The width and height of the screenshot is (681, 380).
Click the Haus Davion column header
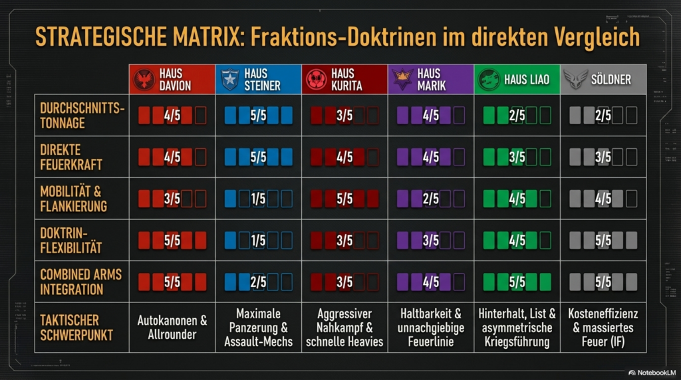click(172, 80)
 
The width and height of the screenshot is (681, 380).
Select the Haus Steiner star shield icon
click(230, 80)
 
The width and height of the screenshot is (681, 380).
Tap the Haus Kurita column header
click(344, 80)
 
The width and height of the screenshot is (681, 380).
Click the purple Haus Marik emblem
click(402, 80)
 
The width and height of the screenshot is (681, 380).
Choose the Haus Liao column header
click(517, 80)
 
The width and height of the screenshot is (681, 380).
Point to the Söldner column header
click(603, 80)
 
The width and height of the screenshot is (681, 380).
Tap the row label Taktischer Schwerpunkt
click(74, 328)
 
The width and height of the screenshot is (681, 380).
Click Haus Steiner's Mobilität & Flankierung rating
click(258, 199)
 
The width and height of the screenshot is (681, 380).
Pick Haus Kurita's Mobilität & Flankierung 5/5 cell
click(344, 199)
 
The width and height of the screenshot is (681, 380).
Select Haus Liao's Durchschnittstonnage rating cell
click(517, 116)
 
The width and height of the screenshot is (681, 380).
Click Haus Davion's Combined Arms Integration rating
click(172, 282)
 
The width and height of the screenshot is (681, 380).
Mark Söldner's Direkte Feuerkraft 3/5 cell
click(603, 157)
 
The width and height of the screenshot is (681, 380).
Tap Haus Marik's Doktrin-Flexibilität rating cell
click(431, 240)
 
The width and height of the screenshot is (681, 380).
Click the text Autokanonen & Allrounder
click(172, 328)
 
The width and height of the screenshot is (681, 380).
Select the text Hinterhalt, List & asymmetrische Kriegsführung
click(517, 328)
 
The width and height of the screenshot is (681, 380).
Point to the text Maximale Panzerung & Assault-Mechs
click(258, 328)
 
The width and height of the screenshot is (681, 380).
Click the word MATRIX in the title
click(200, 37)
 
